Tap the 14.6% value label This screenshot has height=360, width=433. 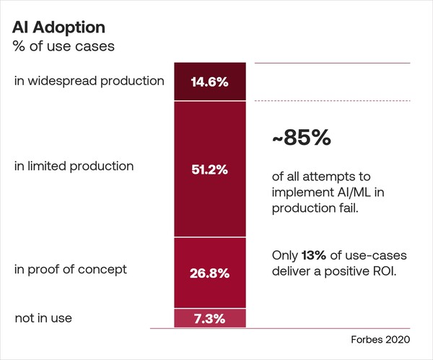(x=209, y=82)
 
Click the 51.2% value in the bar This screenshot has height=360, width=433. (x=209, y=170)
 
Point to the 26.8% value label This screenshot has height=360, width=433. (x=209, y=273)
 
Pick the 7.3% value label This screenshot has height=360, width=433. (x=209, y=318)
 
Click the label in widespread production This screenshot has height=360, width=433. (x=89, y=81)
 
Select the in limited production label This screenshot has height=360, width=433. (x=74, y=166)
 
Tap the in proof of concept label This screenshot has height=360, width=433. (x=71, y=269)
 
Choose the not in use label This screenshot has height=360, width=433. (x=43, y=317)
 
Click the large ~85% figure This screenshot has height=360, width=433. (x=302, y=138)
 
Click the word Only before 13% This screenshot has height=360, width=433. (x=285, y=255)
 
